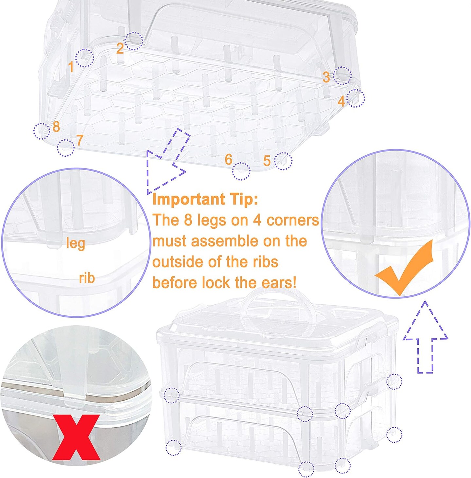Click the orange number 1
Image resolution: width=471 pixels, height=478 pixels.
coord(71,67)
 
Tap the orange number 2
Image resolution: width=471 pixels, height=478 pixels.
coord(120,48)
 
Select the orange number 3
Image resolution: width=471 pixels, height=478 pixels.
coord(326,77)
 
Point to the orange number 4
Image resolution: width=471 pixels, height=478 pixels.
coord(341,101)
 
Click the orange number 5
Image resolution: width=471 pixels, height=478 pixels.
coord(267,161)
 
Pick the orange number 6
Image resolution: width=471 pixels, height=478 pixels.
coord(228,159)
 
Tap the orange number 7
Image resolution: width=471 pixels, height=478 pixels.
coord(79,140)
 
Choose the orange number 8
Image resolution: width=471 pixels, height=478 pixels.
coord(56,127)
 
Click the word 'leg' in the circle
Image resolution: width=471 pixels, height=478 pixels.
coord(76,243)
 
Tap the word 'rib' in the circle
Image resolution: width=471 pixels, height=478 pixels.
coord(87,278)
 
